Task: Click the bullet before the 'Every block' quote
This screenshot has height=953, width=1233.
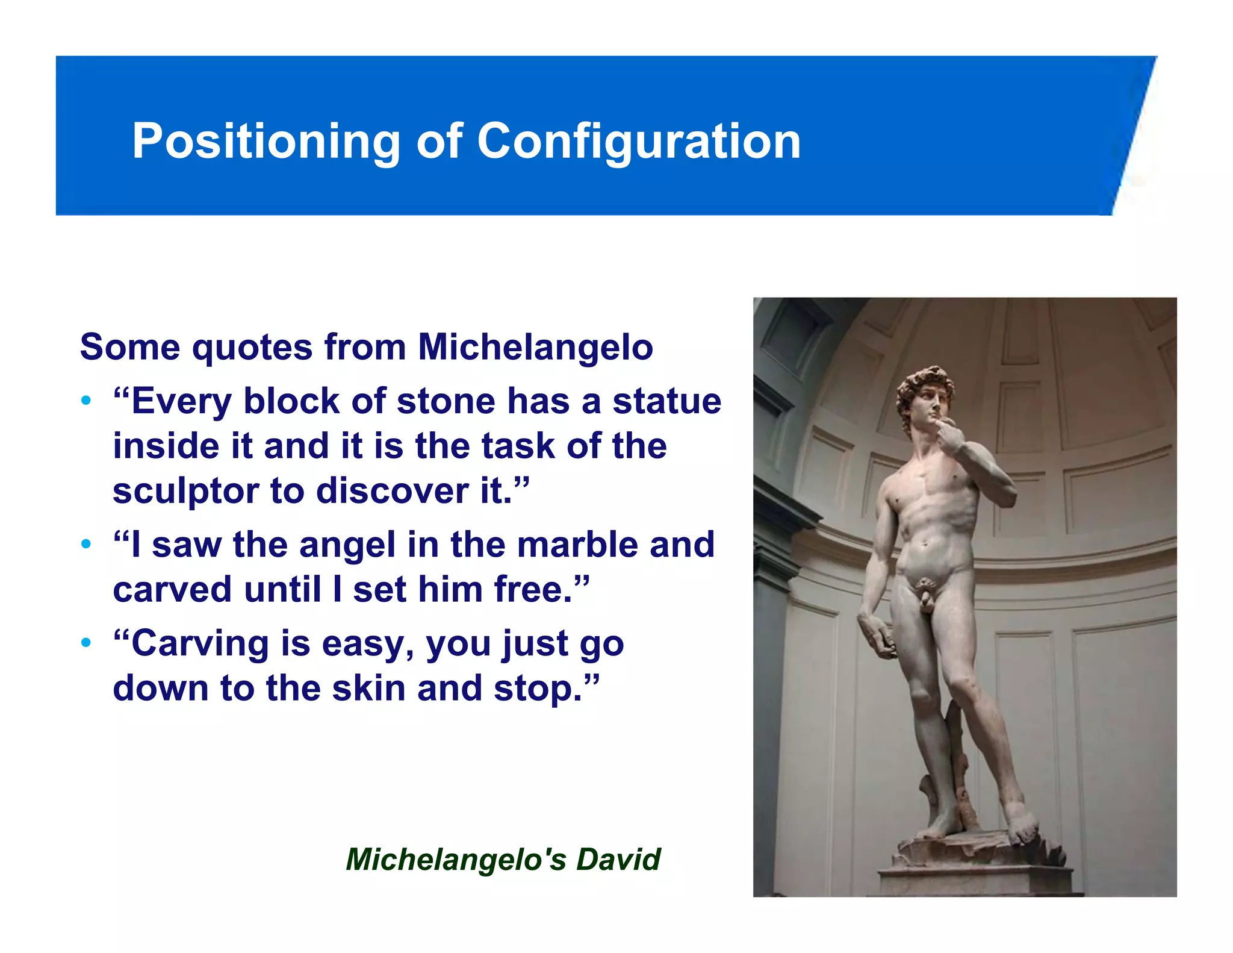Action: point(87,401)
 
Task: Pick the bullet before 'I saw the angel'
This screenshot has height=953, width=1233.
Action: point(87,544)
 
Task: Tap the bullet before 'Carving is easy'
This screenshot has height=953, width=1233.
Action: point(87,642)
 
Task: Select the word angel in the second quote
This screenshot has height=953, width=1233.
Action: point(347,545)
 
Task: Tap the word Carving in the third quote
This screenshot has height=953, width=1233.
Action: point(200,643)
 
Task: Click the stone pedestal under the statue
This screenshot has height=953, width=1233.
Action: point(975,867)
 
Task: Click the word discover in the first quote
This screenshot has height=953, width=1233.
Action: point(395,491)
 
